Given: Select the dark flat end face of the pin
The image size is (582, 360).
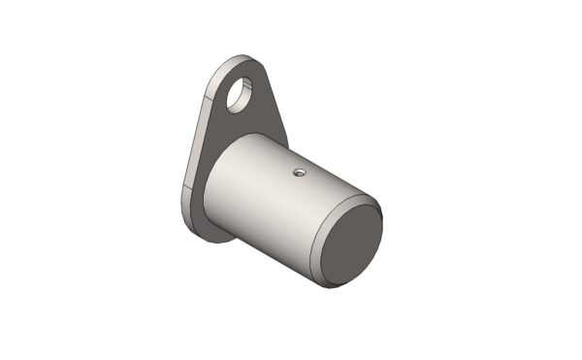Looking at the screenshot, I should (350, 244).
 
